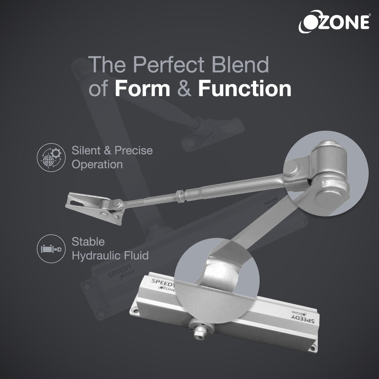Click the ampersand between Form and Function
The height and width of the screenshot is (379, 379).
click(x=184, y=89)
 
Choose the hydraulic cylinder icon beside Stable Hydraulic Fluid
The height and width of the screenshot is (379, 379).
click(x=51, y=249)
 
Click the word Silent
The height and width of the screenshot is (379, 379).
click(x=84, y=151)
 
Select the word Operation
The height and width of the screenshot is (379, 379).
click(x=97, y=164)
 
